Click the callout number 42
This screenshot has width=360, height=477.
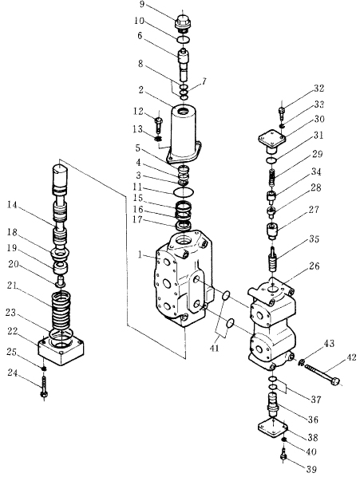point(351,357)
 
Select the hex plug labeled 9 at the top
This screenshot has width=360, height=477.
point(184,23)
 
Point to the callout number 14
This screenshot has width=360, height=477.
point(12,205)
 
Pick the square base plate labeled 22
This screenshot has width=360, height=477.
point(61,350)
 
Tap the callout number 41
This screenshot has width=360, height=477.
point(214,348)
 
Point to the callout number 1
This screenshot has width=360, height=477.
point(140,254)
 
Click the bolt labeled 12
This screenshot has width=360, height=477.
point(159,124)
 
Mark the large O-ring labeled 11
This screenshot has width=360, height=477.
point(184,192)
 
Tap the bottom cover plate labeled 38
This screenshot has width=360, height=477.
point(273,429)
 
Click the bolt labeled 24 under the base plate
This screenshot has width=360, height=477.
point(44,387)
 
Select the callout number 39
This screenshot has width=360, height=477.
point(311,469)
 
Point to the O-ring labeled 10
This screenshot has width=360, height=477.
point(184,40)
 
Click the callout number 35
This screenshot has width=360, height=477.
point(313,239)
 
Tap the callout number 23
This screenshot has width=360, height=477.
point(11,313)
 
